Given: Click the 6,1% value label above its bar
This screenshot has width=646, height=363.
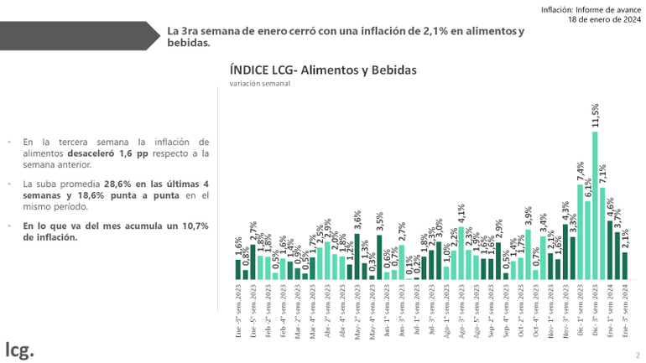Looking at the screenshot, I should coord(588,187).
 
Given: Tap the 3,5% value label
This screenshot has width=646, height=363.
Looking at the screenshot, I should coord(379,223).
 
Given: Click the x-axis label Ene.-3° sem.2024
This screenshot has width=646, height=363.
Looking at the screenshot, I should coord(626,310).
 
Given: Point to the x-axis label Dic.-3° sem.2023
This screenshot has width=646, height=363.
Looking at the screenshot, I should coord(596,310).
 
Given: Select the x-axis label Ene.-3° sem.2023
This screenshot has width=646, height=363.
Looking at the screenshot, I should coord(237,310).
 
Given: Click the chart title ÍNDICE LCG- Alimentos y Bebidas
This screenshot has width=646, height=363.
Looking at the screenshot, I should coord(323,70).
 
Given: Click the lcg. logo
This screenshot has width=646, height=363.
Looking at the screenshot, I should coord(20,348).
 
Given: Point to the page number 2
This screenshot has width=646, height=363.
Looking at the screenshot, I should coord(637,355).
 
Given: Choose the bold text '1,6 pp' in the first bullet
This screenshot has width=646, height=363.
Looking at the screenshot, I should coord(131,153).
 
